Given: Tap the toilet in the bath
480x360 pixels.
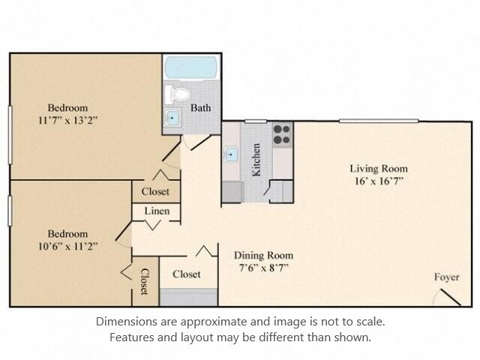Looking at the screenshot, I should (x=179, y=94).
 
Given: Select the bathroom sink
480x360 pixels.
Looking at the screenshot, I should (x=172, y=118).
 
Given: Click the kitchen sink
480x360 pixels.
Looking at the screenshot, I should (x=232, y=155).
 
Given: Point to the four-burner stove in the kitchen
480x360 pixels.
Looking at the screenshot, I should (x=281, y=133).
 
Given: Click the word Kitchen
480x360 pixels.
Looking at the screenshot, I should (x=256, y=160).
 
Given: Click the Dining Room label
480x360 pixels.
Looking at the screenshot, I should (x=263, y=255).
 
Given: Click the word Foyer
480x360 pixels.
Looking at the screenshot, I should (x=446, y=277).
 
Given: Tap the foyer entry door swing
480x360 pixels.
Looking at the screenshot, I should (x=448, y=296).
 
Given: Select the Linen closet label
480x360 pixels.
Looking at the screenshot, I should (x=157, y=211).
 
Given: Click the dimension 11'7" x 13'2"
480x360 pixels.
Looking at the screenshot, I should (x=67, y=120).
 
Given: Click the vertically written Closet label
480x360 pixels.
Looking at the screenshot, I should (x=145, y=281).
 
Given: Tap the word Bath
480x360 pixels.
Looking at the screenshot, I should (x=200, y=108).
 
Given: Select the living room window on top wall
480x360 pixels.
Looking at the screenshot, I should (x=378, y=121).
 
